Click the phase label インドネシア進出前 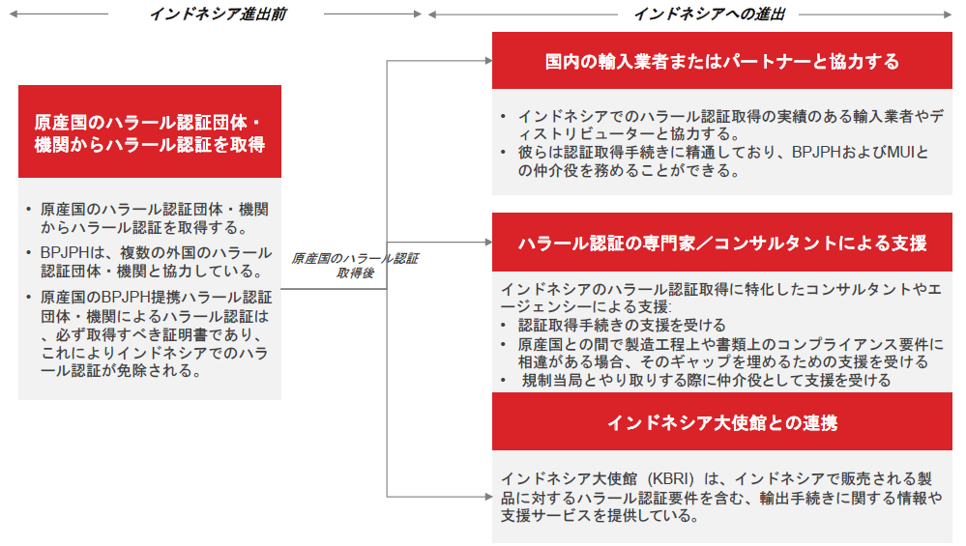[x=219, y=14]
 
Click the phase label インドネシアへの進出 [x=709, y=14]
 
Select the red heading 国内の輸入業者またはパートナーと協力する [x=722, y=62]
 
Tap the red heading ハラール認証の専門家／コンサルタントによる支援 [x=722, y=244]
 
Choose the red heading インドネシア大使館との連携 [x=722, y=423]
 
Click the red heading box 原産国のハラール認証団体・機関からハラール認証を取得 [x=150, y=131]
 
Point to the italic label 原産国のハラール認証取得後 [x=355, y=266]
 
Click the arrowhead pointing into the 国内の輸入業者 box [x=488, y=61]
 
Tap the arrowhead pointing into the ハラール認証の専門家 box [x=488, y=242]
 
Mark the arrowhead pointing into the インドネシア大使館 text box [x=488, y=496]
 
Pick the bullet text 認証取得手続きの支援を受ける [x=622, y=325]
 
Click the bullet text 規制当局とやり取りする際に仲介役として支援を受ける [x=706, y=381]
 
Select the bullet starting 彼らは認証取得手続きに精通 [x=723, y=161]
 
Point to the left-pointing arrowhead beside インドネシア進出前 [x=14, y=14]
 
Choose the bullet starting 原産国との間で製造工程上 [x=731, y=353]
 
